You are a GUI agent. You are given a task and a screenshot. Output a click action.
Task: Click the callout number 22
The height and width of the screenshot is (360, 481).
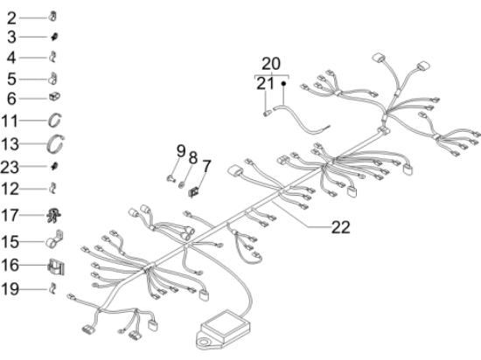pos(340,227)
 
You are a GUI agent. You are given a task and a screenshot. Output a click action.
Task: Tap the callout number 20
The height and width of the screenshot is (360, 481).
pos(271,64)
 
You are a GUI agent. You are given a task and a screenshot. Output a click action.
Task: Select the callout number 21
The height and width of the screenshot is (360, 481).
pos(265,83)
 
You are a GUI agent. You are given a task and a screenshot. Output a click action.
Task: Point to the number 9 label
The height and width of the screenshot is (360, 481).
pos(181,151)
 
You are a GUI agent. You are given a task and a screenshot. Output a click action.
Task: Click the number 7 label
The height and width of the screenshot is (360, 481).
pos(206,166)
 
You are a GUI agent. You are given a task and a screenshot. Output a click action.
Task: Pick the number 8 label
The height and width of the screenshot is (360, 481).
pos(193,158)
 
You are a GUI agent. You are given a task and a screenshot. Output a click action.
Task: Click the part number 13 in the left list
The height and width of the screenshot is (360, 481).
pos(10,144)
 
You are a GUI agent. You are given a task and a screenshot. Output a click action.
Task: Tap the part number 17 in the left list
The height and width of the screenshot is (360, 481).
pos(10,215)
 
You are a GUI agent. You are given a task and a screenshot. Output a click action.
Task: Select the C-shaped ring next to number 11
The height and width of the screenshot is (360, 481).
pos(55,120)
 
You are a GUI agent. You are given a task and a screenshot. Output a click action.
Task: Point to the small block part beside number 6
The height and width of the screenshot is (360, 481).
pos(54,97)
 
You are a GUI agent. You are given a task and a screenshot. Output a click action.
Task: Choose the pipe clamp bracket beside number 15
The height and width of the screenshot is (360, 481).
pos(54,239)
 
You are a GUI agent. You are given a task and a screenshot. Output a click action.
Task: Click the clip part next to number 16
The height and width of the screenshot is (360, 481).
pos(56,267)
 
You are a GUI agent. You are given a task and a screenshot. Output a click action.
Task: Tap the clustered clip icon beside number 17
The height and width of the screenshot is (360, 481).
pos(53,215)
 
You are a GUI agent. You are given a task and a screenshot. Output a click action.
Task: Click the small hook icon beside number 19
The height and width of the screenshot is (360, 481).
pos(53,288)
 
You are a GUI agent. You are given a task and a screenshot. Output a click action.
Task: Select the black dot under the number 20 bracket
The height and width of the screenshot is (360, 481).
pos(283,83)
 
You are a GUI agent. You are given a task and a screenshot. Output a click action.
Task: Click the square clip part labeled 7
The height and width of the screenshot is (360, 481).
pos(193,192)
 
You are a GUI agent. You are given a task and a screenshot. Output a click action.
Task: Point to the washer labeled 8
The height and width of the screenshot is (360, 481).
pos(182,184)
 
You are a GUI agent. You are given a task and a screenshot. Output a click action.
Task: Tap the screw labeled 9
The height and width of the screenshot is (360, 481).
pos(171,177)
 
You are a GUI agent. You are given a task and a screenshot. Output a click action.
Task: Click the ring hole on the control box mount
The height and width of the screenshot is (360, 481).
pos(203,342)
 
